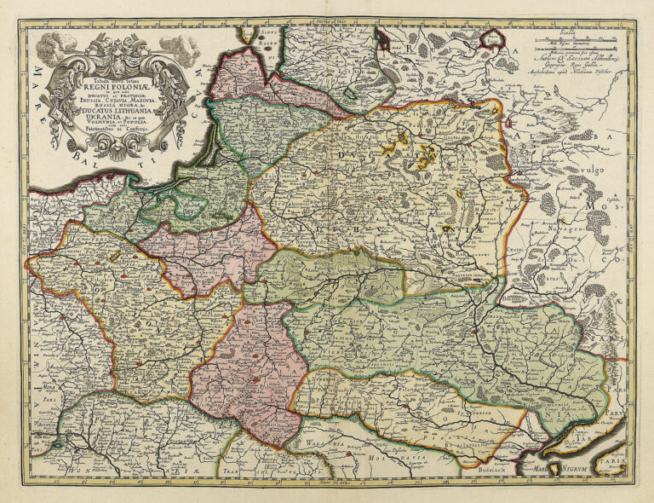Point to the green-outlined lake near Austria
(57, 443)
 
